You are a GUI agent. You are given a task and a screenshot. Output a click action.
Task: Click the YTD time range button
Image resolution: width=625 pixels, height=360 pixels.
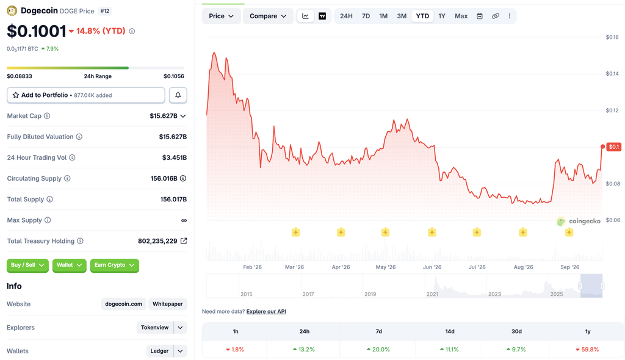pyautogui.click(x=422, y=16)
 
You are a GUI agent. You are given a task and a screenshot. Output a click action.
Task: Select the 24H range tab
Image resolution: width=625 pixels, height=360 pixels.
pyautogui.click(x=346, y=16)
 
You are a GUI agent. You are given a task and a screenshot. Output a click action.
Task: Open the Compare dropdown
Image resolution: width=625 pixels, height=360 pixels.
pyautogui.click(x=268, y=16)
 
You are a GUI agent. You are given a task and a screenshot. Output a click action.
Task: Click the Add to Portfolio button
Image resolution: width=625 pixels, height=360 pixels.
pyautogui.click(x=85, y=95)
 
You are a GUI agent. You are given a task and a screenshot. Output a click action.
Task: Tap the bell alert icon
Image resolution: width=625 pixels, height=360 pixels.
pyautogui.click(x=178, y=95)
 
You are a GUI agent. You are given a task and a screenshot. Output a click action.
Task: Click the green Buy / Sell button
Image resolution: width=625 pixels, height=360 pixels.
pyautogui.click(x=27, y=265)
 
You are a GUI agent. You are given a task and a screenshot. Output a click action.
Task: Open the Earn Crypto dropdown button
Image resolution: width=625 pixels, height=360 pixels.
pyautogui.click(x=114, y=265)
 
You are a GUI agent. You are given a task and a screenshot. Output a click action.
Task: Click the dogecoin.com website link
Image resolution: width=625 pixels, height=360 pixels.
pyautogui.click(x=123, y=304)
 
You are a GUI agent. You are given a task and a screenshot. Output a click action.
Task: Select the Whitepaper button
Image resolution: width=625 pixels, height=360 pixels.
pyautogui.click(x=167, y=304)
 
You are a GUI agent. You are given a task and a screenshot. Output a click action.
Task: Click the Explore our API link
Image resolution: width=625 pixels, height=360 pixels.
pyautogui.click(x=266, y=311)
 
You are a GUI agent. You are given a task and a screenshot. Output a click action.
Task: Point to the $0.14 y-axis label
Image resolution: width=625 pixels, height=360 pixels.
pyautogui.click(x=612, y=74)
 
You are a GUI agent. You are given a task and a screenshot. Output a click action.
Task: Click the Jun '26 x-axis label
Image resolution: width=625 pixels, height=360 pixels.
pyautogui.click(x=432, y=267)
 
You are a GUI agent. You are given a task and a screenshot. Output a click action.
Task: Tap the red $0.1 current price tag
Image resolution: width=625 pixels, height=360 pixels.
pyautogui.click(x=614, y=146)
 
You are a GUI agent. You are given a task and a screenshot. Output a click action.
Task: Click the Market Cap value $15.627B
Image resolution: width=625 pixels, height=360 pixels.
pyautogui.click(x=164, y=116)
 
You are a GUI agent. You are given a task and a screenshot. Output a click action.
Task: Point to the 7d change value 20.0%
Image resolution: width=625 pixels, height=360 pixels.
pyautogui.click(x=378, y=350)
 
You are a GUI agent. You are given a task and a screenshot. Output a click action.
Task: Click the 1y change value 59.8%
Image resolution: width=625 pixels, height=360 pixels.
pyautogui.click(x=587, y=350)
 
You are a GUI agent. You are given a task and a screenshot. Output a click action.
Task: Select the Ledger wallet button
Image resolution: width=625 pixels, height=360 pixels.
pyautogui.click(x=159, y=351)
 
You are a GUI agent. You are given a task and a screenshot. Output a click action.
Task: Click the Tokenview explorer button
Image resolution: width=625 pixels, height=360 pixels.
pyautogui.click(x=154, y=327)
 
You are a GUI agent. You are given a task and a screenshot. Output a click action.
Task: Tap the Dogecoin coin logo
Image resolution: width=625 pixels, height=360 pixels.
pyautogui.click(x=12, y=11)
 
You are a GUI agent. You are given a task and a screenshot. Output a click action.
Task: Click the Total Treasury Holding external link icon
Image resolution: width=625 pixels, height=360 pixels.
pyautogui.click(x=184, y=241)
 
